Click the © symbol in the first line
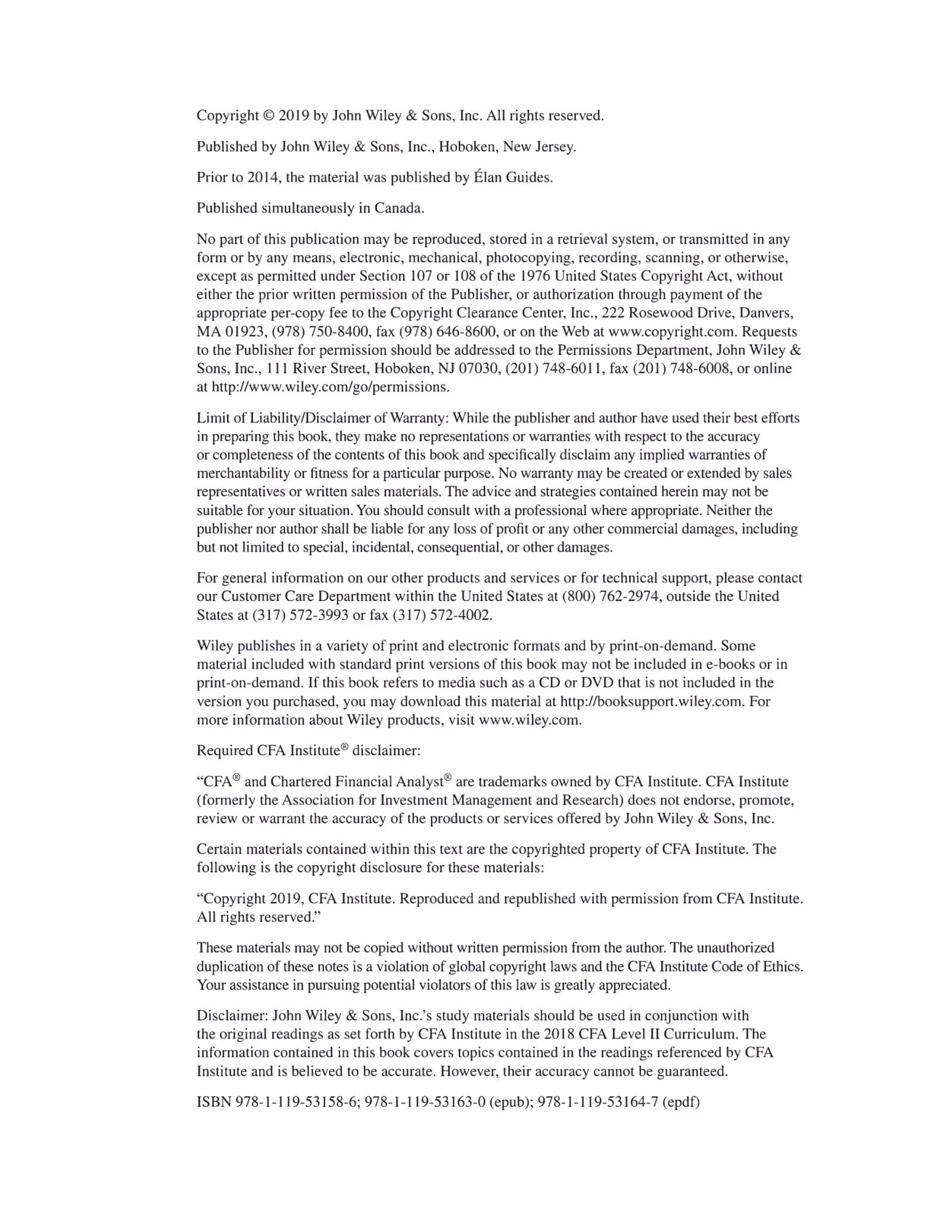pos(269,116)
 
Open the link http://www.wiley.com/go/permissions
pos(331,387)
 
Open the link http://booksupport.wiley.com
pos(652,701)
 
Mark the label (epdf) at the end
pos(680,1102)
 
